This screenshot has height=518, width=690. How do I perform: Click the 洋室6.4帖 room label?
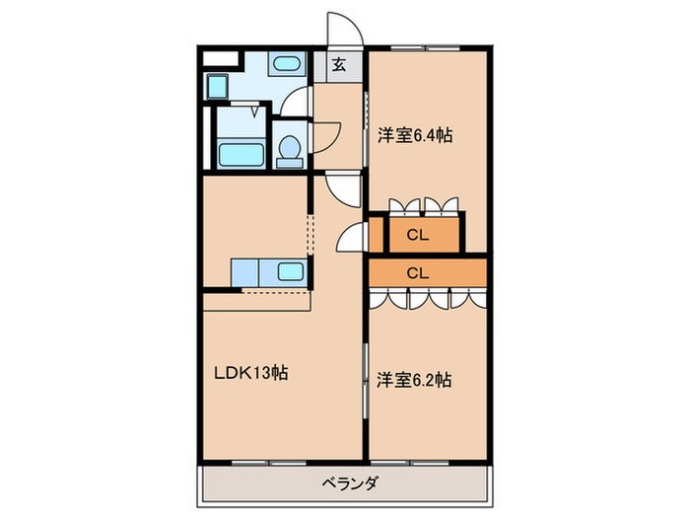415,137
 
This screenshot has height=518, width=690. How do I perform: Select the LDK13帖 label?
251,374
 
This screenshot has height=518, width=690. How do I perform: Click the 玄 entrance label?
339,65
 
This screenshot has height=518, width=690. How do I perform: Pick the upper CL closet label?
417,236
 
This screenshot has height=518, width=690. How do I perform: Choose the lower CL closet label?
417,271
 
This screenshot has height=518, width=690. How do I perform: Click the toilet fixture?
290,149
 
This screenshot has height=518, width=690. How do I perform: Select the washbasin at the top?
286,66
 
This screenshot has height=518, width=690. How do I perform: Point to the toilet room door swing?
326,133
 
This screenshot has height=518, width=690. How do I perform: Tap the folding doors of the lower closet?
428,297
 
